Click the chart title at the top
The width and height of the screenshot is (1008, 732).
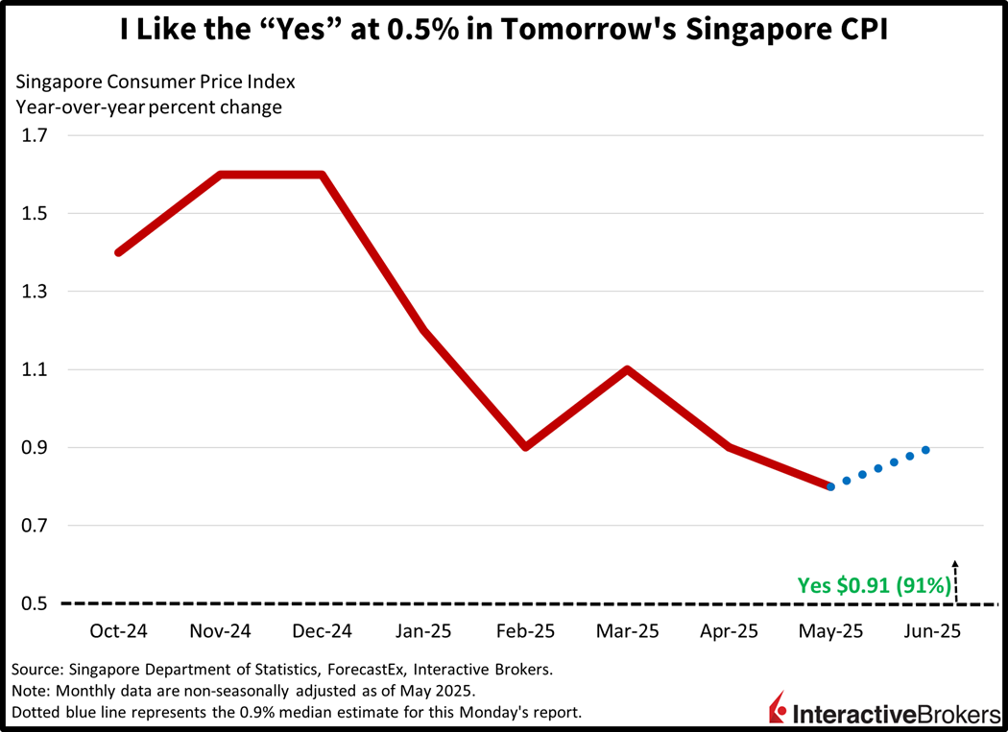tap(503, 29)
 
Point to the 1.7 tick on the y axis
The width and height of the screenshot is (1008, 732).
tap(35, 135)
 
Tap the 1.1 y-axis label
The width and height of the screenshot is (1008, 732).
tap(35, 369)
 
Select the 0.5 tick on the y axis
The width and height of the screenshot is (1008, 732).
tap(35, 603)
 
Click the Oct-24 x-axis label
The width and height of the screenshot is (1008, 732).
tap(118, 632)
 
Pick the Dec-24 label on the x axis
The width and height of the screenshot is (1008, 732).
tap(322, 632)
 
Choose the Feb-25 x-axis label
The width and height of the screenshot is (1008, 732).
tap(525, 632)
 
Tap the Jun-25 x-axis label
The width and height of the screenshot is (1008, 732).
tap(930, 632)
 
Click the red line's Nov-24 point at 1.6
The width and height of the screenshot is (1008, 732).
tap(221, 175)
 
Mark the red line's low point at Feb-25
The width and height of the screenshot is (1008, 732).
tap(525, 447)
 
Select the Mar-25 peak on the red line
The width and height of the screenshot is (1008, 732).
tap(627, 369)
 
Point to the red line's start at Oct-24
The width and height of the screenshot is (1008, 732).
tap(118, 252)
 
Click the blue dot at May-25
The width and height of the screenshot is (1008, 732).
tap(830, 487)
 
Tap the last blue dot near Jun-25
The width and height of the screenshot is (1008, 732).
tap(925, 450)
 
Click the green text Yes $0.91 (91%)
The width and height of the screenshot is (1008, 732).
tap(874, 585)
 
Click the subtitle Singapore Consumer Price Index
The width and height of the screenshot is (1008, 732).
tap(155, 81)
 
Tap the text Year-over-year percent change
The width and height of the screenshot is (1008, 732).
tap(148, 106)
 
